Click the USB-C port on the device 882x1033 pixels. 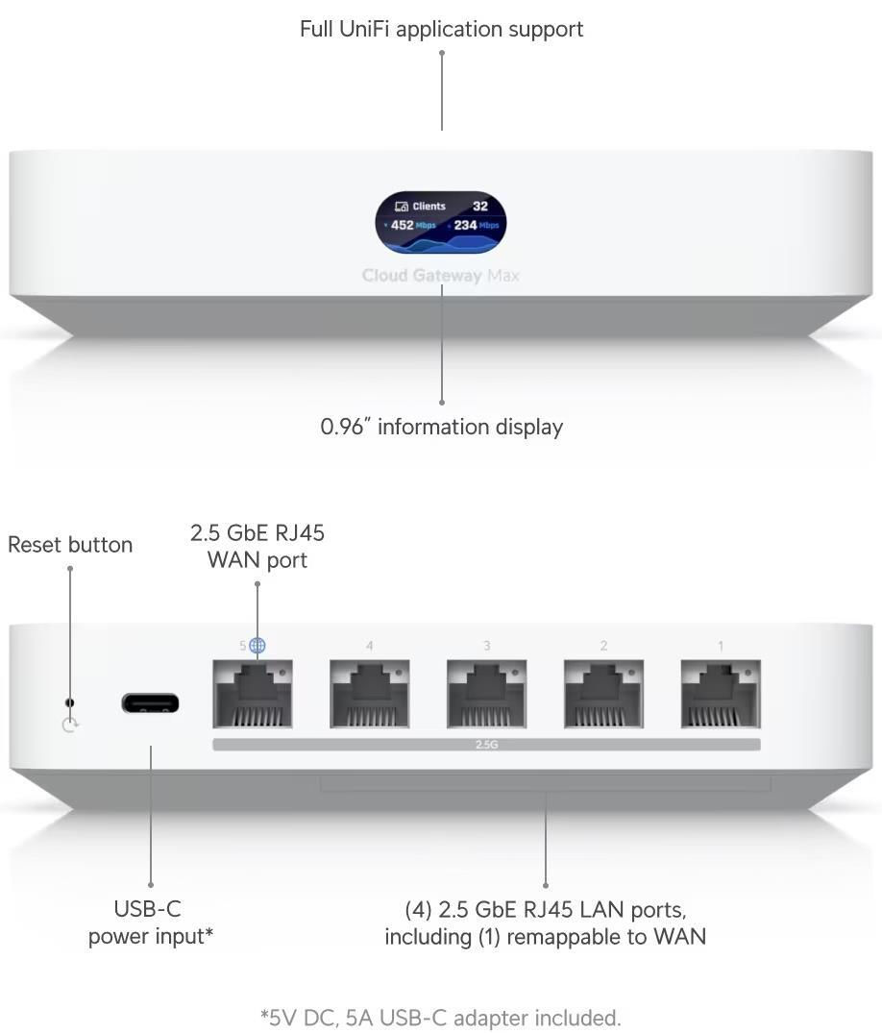click(150, 703)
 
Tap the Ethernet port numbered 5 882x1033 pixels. click(253, 695)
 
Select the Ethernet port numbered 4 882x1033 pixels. click(370, 695)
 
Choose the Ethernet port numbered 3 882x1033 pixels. click(487, 695)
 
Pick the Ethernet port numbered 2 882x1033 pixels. click(604, 695)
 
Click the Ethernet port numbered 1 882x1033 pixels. click(721, 695)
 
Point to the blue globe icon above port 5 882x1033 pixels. click(257, 646)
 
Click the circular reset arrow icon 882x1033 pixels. click(69, 725)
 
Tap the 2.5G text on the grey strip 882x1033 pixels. click(486, 745)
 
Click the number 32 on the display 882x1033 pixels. click(480, 206)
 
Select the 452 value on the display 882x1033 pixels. click(402, 226)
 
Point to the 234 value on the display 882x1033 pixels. click(465, 226)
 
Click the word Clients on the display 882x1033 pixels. click(429, 206)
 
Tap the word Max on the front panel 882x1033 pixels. click(502, 276)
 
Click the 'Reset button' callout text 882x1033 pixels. click(70, 545)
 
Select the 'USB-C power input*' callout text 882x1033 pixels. click(150, 922)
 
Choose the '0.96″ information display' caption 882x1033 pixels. click(441, 427)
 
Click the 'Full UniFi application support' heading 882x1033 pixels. click(441, 29)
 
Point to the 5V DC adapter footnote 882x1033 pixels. click(441, 1017)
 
